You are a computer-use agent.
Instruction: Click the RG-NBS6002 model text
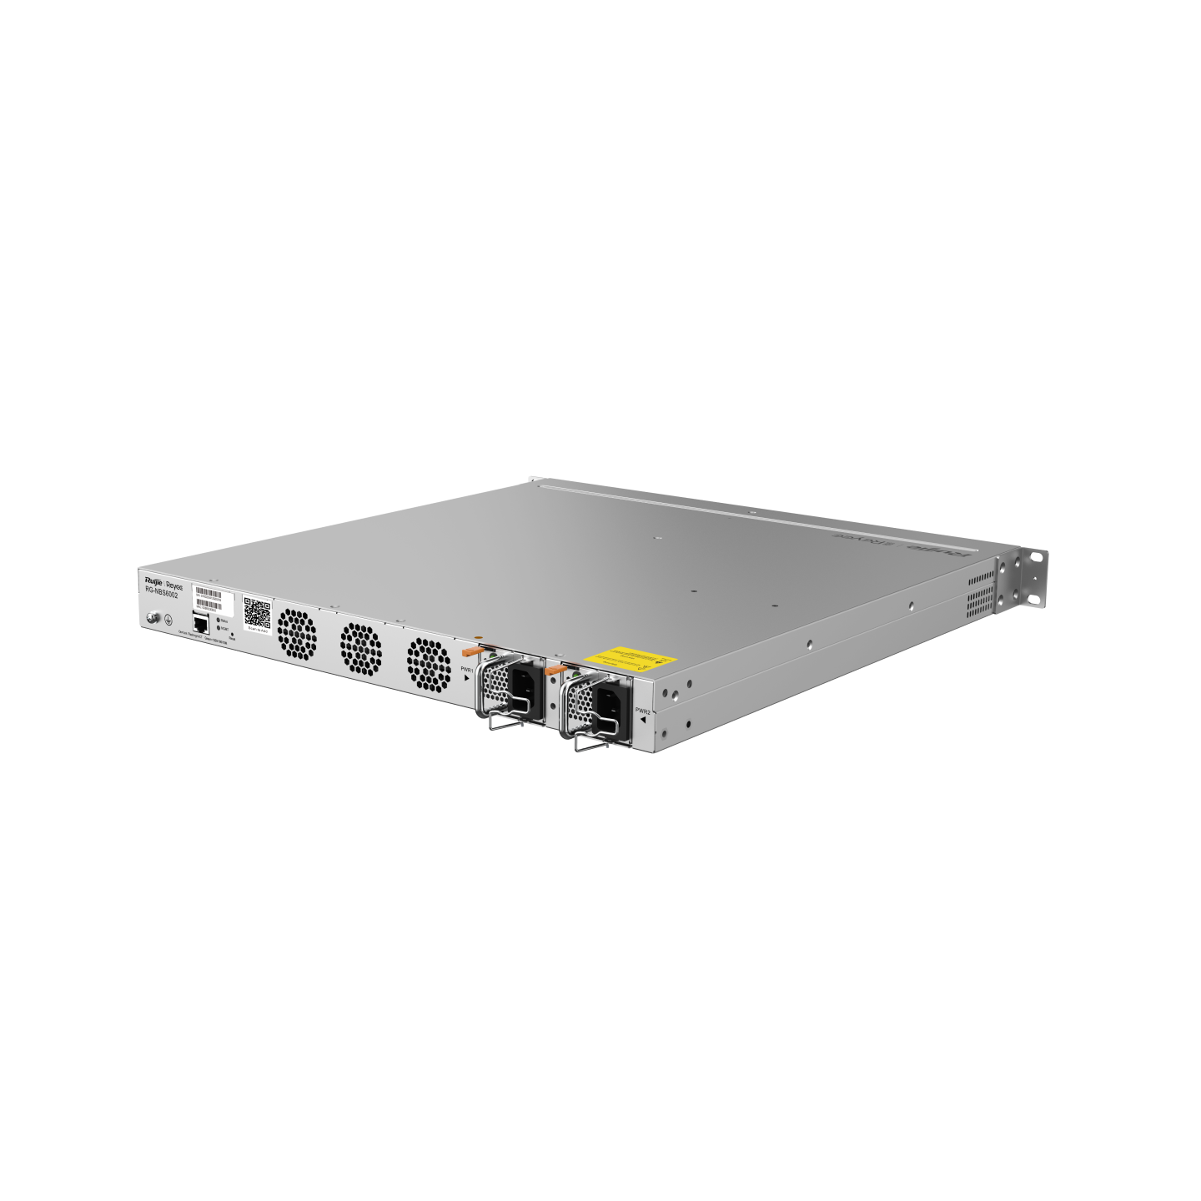point(162,595)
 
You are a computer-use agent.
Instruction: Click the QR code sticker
point(257,614)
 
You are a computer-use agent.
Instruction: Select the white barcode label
point(209,596)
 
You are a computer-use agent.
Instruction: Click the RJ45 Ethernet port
point(200,623)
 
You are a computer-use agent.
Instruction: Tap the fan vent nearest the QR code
point(297,633)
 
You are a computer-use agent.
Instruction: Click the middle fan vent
point(361,648)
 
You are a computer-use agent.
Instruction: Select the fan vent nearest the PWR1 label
point(429,665)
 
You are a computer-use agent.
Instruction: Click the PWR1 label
point(467,670)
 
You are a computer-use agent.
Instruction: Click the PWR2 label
point(642,711)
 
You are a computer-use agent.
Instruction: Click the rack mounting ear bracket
point(1032,575)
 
